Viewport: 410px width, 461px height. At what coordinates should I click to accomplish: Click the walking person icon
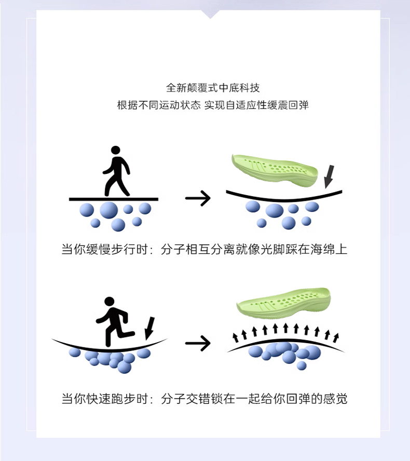[x=116, y=171]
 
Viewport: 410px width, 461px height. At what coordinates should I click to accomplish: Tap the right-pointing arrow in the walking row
[x=198, y=198]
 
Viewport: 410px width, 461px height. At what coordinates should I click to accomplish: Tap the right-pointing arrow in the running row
[x=198, y=343]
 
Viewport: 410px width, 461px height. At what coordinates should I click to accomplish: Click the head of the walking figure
[x=115, y=151]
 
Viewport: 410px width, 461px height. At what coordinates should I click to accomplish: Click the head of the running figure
[x=109, y=302]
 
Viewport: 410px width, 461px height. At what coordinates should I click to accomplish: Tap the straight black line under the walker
[x=114, y=199]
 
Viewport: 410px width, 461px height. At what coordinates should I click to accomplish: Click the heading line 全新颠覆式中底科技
[x=205, y=87]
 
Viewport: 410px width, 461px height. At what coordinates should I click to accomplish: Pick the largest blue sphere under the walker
[x=109, y=210]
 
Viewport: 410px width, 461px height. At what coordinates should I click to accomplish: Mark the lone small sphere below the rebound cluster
[x=302, y=365]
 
